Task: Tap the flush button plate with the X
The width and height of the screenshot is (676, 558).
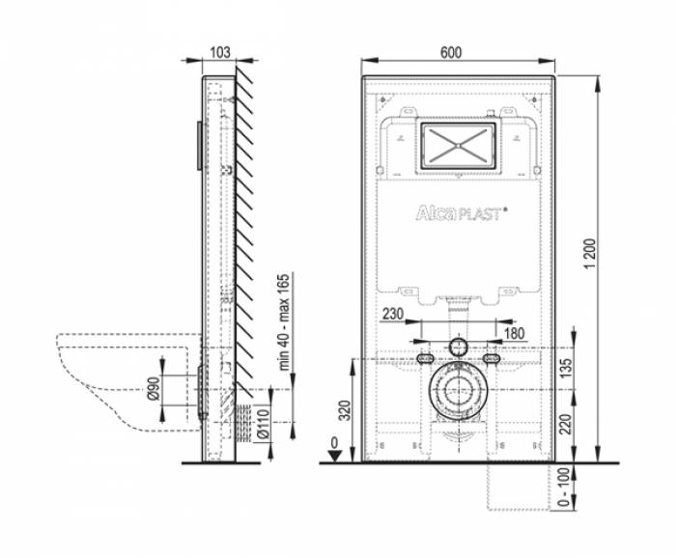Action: coord(459,145)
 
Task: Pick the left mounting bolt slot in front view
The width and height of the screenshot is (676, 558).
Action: coord(425,359)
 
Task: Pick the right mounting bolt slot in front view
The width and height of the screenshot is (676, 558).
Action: coord(493,359)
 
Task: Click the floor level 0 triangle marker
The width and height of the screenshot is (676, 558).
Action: coord(333,456)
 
